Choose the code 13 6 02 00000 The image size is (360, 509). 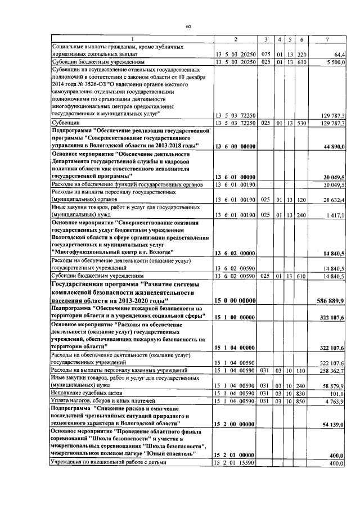(x=236, y=254)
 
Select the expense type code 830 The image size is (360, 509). (x=301, y=393)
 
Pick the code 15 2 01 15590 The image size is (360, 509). (x=236, y=462)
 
